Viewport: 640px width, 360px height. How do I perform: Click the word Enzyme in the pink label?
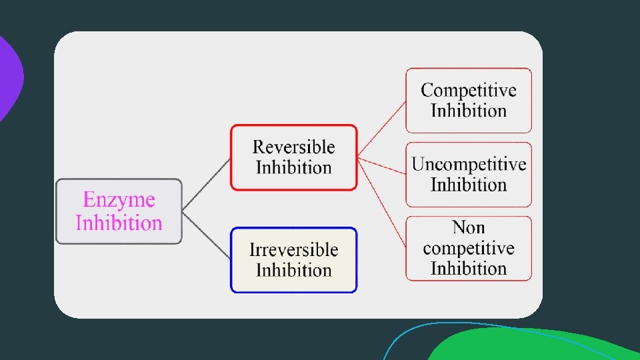119,200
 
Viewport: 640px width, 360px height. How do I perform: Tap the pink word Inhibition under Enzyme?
119,222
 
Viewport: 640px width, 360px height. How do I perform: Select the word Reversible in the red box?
293,147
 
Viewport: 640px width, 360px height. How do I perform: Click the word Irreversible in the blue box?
293,250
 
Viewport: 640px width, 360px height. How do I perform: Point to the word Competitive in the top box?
469,90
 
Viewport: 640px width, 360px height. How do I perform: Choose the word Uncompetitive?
469,164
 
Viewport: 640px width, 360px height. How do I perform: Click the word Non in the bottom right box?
469,228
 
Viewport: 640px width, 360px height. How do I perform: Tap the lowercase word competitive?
469,249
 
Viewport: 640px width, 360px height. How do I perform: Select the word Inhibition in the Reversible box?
293,167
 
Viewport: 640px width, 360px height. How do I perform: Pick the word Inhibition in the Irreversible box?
293,270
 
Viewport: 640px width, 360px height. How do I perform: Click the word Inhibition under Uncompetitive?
469,185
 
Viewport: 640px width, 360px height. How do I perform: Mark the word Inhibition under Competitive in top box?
469,111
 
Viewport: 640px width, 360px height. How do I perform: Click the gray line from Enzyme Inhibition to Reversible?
206,185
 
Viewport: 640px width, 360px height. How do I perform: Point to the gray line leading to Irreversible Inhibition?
206,236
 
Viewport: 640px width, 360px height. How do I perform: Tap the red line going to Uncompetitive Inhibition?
382,165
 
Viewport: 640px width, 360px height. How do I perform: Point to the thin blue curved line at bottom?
400,340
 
